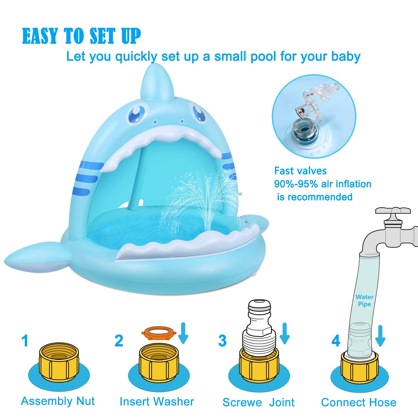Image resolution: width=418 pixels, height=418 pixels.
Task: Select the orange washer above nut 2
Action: (x=158, y=333)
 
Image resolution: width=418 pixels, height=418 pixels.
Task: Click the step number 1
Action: (x=25, y=341)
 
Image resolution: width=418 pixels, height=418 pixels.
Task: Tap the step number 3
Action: (x=222, y=341)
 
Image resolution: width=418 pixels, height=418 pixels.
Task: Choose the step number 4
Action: (x=336, y=341)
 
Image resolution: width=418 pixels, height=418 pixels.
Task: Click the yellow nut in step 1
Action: (x=59, y=362)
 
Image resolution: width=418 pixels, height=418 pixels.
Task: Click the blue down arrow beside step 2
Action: (x=183, y=334)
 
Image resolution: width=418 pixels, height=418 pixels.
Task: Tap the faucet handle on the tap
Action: (x=393, y=211)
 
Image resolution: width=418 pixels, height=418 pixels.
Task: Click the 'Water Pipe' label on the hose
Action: (x=364, y=300)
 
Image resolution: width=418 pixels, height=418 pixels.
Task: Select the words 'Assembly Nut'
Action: (x=58, y=401)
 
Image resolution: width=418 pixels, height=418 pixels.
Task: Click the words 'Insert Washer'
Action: (x=157, y=402)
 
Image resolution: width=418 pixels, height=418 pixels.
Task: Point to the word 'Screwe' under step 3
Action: (x=242, y=402)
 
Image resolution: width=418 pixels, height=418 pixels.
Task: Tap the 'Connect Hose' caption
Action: (x=359, y=402)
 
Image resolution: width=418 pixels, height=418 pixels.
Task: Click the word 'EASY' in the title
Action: (x=40, y=36)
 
